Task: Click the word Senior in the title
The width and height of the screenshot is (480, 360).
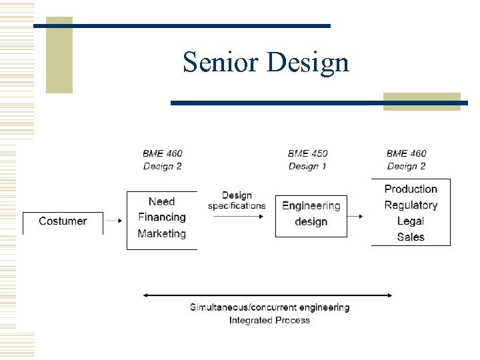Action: click(221, 62)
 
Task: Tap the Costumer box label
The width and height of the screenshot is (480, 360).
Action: click(63, 221)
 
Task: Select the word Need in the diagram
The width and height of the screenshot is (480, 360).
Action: click(162, 201)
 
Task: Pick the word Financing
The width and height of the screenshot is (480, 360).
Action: click(162, 217)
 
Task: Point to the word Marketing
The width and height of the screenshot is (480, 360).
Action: click(162, 233)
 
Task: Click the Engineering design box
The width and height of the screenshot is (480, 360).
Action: click(311, 213)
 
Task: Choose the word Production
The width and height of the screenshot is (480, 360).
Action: click(411, 189)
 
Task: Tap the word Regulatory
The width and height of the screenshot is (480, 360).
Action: click(411, 205)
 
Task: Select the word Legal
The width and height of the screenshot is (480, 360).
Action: click(411, 221)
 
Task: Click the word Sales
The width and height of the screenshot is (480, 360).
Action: click(411, 237)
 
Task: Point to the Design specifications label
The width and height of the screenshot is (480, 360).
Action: click(237, 201)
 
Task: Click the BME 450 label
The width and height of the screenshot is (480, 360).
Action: click(307, 154)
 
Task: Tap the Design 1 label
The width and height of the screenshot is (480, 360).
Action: click(307, 166)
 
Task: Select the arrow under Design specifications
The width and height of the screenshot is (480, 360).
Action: click(237, 217)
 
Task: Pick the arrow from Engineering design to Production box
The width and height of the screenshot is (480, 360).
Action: click(356, 217)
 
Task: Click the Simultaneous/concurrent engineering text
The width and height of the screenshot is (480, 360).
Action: click(269, 307)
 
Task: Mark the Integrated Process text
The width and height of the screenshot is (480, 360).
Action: click(269, 320)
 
